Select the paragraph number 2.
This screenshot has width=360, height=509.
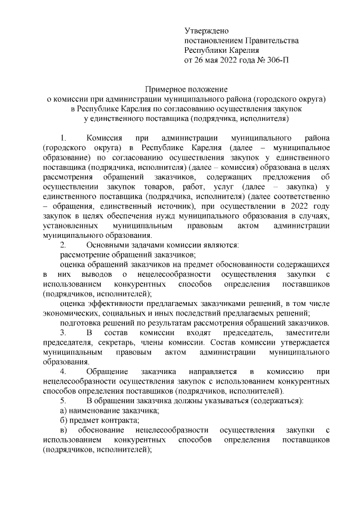[x=63, y=245]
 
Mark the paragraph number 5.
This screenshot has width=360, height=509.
[x=63, y=400]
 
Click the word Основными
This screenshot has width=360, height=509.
[x=107, y=245]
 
